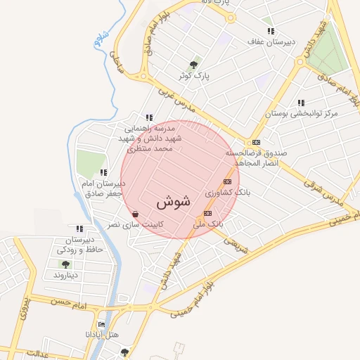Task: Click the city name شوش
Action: (173, 202)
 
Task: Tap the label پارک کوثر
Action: (195, 75)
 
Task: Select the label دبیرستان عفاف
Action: (270, 41)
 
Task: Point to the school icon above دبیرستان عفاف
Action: (271, 32)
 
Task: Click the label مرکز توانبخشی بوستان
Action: (301, 112)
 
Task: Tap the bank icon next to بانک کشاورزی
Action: (226, 182)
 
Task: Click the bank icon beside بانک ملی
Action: (207, 213)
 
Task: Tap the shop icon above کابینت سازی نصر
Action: (135, 214)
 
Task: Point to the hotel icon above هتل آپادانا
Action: (103, 325)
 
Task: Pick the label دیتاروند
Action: (65, 274)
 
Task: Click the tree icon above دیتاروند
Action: (65, 264)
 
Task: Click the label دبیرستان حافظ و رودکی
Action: (79, 244)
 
